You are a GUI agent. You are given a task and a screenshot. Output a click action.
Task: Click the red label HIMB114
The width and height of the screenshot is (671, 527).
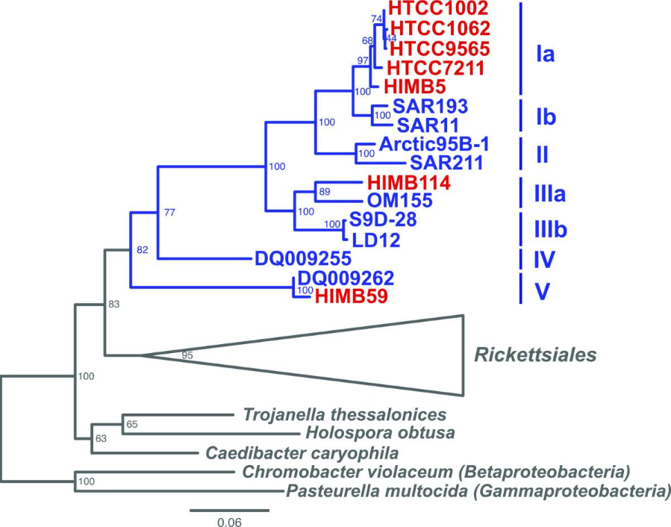[x=402, y=182]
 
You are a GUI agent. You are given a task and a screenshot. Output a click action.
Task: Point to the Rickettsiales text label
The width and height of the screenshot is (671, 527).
[x=537, y=355]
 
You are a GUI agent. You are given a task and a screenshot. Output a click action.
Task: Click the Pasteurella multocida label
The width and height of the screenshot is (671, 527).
[x=477, y=491]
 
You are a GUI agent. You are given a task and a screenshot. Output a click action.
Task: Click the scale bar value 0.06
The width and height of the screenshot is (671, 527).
[x=230, y=522]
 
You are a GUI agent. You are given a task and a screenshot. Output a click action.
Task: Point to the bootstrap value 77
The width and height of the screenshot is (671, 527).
[x=170, y=213]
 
